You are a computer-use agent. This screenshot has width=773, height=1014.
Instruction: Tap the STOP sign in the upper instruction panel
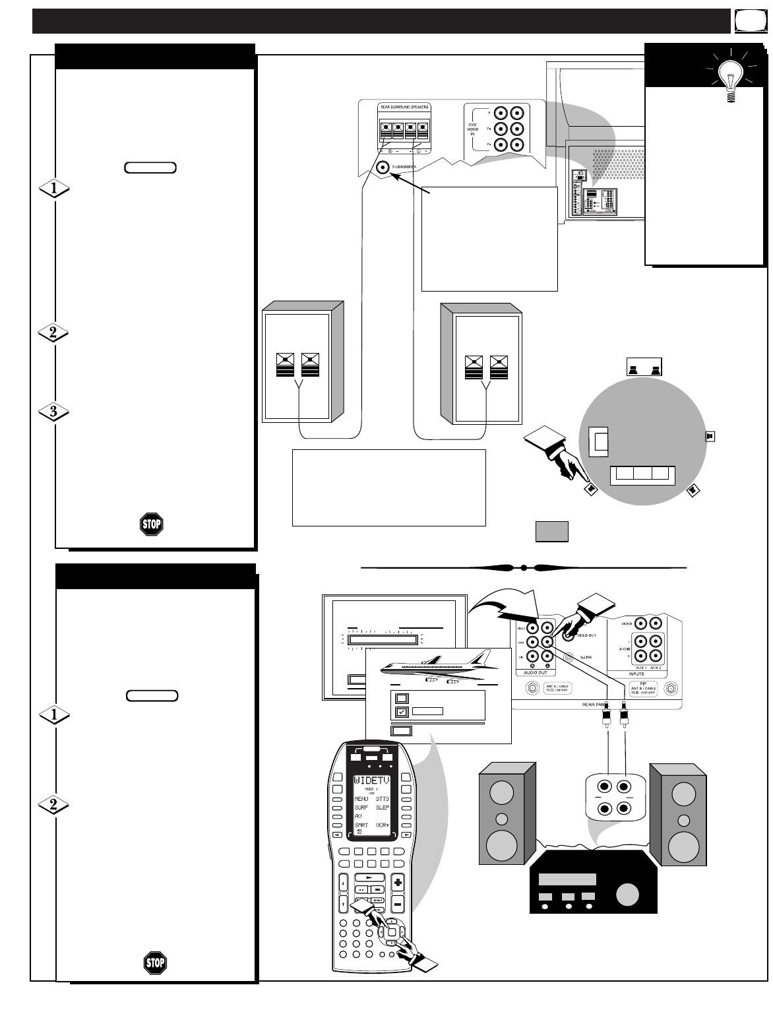(x=152, y=524)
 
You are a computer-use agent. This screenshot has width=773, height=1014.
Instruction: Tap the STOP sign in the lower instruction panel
(x=155, y=963)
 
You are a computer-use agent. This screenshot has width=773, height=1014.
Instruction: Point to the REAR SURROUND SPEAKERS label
(x=404, y=107)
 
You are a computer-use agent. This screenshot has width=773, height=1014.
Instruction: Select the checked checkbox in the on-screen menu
(x=402, y=712)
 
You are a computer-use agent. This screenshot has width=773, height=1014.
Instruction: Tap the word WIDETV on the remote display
(x=372, y=781)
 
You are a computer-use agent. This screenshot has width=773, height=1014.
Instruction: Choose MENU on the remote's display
(x=361, y=799)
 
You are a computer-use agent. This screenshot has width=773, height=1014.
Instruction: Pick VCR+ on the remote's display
(x=383, y=825)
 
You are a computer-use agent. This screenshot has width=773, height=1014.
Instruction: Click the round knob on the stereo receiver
(x=627, y=895)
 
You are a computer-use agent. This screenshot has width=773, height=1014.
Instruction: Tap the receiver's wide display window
(x=567, y=879)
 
